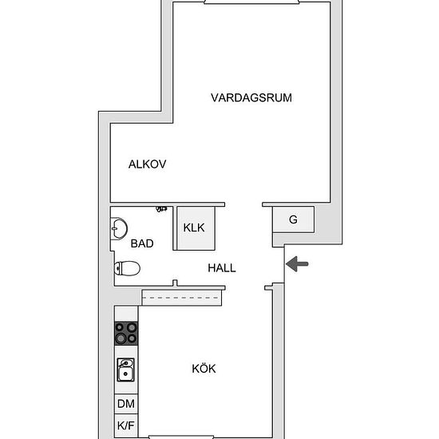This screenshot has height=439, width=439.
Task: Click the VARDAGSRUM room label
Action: pyautogui.click(x=251, y=97)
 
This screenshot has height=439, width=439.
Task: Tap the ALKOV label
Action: pyautogui.click(x=148, y=164)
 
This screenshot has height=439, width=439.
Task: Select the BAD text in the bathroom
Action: pyautogui.click(x=142, y=243)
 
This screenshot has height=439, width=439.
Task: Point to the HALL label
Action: pyautogui.click(x=222, y=268)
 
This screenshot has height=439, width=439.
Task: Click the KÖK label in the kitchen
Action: pyautogui.click(x=204, y=369)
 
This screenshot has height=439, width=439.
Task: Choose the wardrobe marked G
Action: pyautogui.click(x=294, y=219)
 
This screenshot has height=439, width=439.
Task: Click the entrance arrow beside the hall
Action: pyautogui.click(x=297, y=263)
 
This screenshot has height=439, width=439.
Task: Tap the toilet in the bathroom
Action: pyautogui.click(x=127, y=268)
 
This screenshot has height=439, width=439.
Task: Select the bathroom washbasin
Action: pyautogui.click(x=119, y=228)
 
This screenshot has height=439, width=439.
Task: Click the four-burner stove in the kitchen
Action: pyautogui.click(x=126, y=333)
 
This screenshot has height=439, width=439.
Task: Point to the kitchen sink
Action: pyautogui.click(x=125, y=370)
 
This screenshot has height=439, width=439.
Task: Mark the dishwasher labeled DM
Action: pyautogui.click(x=126, y=404)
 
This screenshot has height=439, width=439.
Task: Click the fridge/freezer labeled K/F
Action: pyautogui.click(x=126, y=425)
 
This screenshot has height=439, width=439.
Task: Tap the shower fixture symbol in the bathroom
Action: pyautogui.click(x=161, y=209)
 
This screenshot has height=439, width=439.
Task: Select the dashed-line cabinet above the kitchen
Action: pyautogui.click(x=182, y=298)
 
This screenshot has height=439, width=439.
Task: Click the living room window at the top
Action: pyautogui.click(x=251, y=2)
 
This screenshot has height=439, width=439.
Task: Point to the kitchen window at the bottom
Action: pyautogui.click(x=181, y=437)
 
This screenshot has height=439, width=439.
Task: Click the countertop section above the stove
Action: pyautogui.click(x=126, y=314)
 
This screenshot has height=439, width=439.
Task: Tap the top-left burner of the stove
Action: pyautogui.click(x=120, y=327)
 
